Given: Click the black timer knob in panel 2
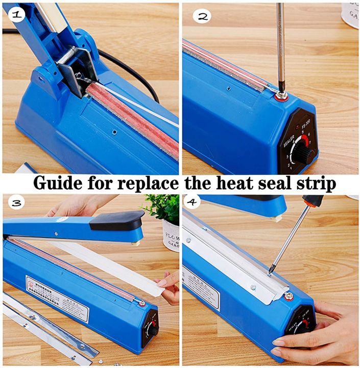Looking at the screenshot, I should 305,152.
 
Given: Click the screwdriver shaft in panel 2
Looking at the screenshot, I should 280,46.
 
